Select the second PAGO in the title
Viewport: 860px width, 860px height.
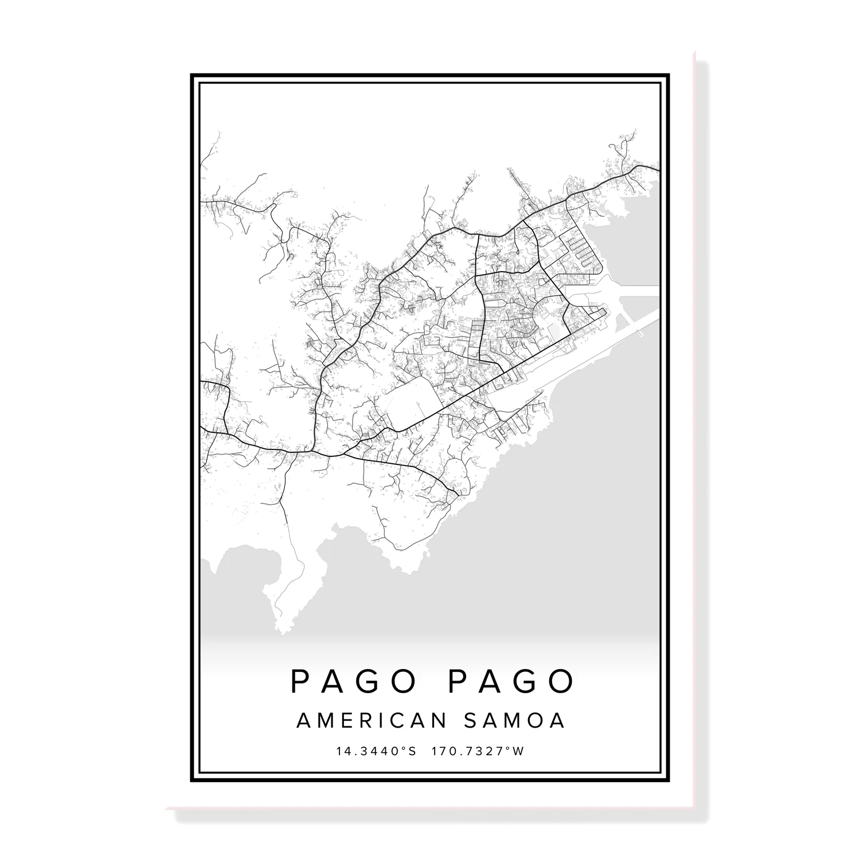pyautogui.click(x=510, y=681)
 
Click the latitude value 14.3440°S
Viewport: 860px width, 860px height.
pyautogui.click(x=377, y=751)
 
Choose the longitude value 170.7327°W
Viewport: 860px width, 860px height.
pyautogui.click(x=478, y=751)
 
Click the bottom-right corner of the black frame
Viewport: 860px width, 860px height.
pyautogui.click(x=669, y=781)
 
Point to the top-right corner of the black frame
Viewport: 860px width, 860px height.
pyautogui.click(x=669, y=75)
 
